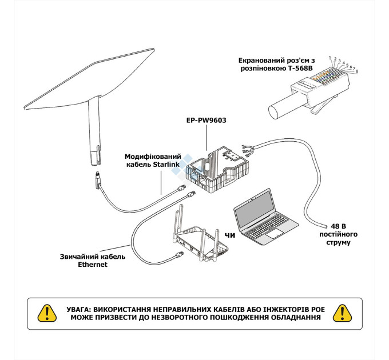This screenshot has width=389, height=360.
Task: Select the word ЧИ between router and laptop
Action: [229, 235]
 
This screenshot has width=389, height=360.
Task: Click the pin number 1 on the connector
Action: [330, 58]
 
